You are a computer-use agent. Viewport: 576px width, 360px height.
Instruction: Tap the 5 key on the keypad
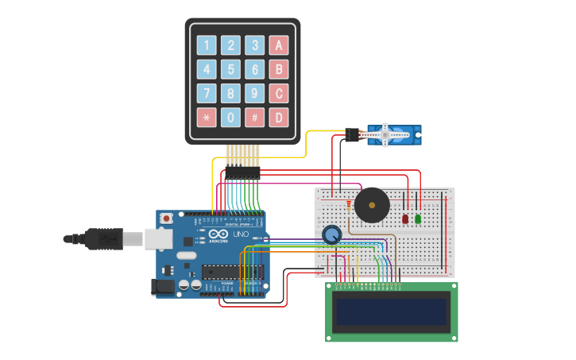coord(230,69)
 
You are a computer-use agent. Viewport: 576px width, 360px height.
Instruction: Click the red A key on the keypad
coord(278,45)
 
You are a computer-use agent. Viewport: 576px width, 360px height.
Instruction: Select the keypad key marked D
coord(278,118)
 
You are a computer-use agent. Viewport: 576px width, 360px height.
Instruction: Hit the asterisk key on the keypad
coord(207,118)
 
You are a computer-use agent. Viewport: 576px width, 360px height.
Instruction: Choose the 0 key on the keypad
coord(230,118)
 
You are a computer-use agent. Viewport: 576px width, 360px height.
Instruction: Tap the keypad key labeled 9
coord(254,94)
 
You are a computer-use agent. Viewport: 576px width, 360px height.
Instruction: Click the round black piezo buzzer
coord(372,205)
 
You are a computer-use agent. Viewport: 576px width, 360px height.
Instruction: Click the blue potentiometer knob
coord(332,234)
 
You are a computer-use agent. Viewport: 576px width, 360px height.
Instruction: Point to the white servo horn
coord(386,134)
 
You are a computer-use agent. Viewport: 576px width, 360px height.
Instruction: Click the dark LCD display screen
coord(391,312)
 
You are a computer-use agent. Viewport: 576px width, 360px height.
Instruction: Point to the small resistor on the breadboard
coord(348,208)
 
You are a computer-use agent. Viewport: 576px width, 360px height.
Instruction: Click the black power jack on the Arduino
coord(164,287)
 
